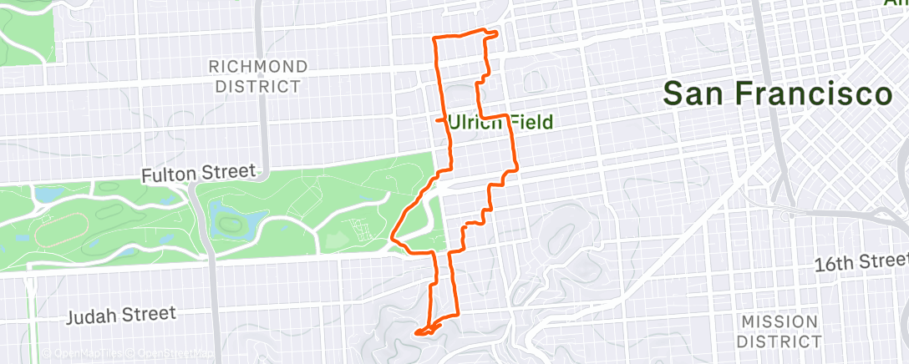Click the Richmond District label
coord(257,76)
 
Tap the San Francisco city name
coord(777,94)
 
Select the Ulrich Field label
coord(500,123)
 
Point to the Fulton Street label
coord(198,173)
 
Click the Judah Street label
coord(122,314)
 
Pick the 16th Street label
coord(861,264)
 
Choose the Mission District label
coord(780,331)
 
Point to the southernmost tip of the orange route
coord(417,334)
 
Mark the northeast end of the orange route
coord(496,34)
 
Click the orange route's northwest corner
coord(434,39)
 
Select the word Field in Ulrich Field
coord(532,123)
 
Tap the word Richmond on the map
coord(257,66)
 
